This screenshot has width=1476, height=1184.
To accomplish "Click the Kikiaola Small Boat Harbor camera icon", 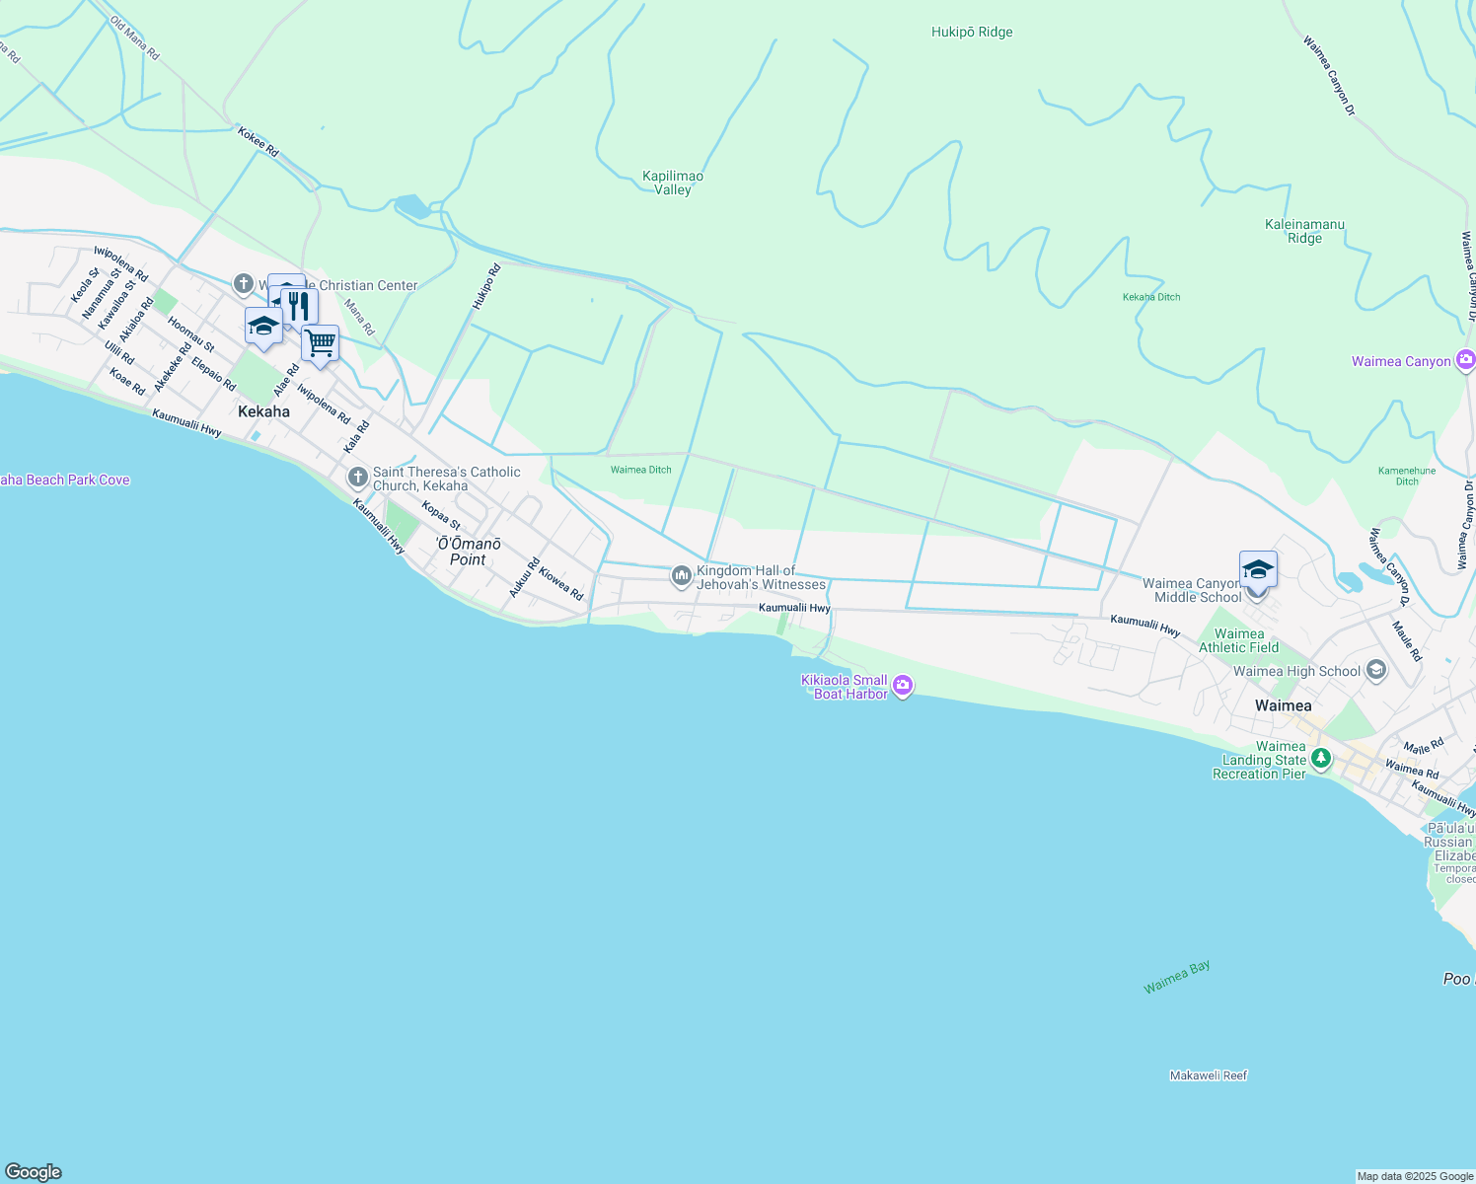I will pyautogui.click(x=903, y=685).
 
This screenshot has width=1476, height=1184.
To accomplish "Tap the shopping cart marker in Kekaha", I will pyautogui.click(x=320, y=344).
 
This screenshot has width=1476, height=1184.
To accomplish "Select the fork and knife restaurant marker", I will pyautogui.click(x=299, y=307).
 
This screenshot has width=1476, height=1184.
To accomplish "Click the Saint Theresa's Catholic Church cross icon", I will pyautogui.click(x=358, y=478).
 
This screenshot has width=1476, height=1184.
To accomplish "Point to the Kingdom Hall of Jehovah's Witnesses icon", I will pyautogui.click(x=681, y=575).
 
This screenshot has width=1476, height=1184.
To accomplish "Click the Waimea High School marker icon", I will pyautogui.click(x=1376, y=671).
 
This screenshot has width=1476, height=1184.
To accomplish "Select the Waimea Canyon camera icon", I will pyautogui.click(x=1465, y=360).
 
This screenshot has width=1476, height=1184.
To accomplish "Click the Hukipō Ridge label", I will pyautogui.click(x=972, y=32).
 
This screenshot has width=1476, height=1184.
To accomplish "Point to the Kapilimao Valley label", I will pyautogui.click(x=673, y=183).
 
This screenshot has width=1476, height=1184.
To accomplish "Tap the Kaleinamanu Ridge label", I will pyautogui.click(x=1304, y=231).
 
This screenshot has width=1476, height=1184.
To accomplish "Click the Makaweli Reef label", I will pyautogui.click(x=1209, y=1075).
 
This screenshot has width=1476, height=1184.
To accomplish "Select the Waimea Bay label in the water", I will pyautogui.click(x=1177, y=977).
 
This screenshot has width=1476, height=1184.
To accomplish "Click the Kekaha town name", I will pyautogui.click(x=263, y=411).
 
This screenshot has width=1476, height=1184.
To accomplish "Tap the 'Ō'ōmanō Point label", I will pyautogui.click(x=469, y=552).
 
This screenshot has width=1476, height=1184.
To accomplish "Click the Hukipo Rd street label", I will pyautogui.click(x=485, y=287).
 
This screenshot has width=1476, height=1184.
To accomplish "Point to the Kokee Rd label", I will pyautogui.click(x=258, y=141).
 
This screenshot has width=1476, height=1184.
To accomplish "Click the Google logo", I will pyautogui.click(x=34, y=1172).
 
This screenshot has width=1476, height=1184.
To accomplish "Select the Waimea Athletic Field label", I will pyautogui.click(x=1239, y=640).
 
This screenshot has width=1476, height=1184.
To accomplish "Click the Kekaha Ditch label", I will pyautogui.click(x=1151, y=297).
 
